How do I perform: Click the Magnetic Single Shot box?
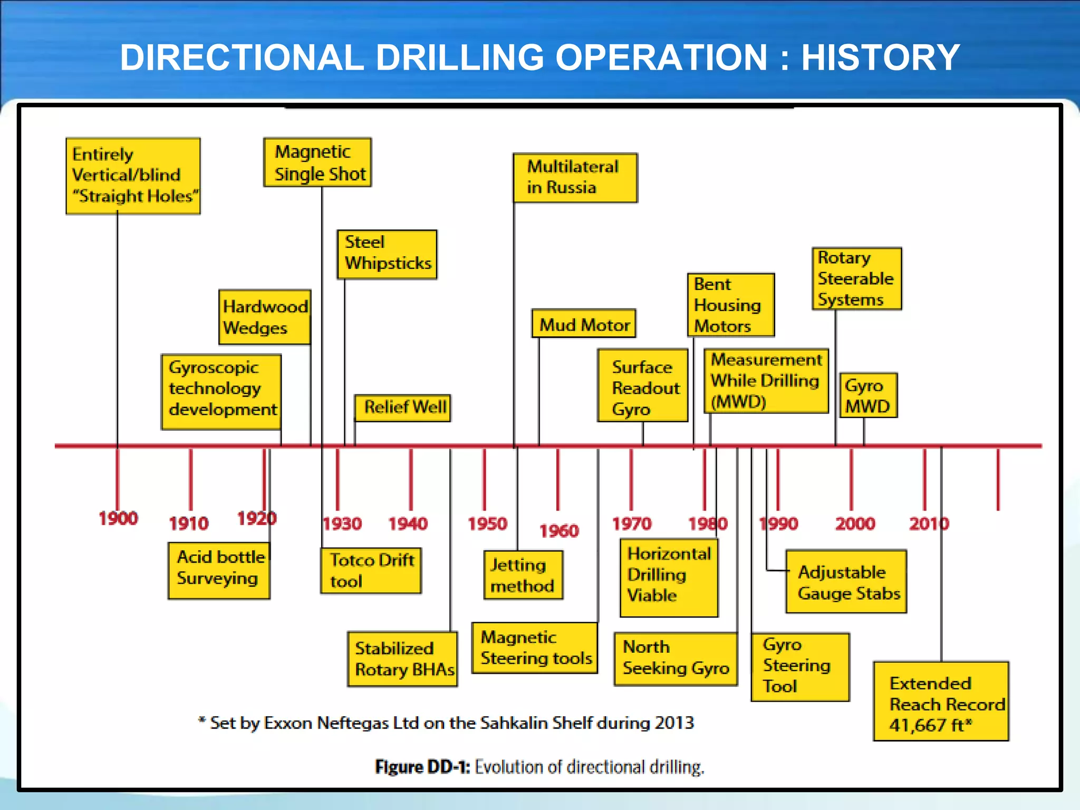point(317,162)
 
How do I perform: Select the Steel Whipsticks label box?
point(387,254)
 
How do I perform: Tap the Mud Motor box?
point(584,324)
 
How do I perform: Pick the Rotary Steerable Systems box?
point(856,278)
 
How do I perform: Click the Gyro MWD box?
point(868,396)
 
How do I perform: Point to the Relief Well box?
point(402,408)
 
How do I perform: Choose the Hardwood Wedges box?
point(265,317)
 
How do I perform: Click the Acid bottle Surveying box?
point(219,571)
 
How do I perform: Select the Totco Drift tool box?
point(371,571)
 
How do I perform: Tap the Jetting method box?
point(523,575)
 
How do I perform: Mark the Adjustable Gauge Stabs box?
point(846,582)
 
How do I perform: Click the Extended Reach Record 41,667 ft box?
point(941,701)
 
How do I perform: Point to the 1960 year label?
point(558,531)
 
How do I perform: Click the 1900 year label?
point(118,518)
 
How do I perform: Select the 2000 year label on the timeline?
point(855,524)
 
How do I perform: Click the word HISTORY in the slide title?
point(880,57)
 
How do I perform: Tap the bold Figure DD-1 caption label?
point(422,767)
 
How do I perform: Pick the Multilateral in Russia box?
point(575,178)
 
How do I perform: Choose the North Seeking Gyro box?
point(676,659)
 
